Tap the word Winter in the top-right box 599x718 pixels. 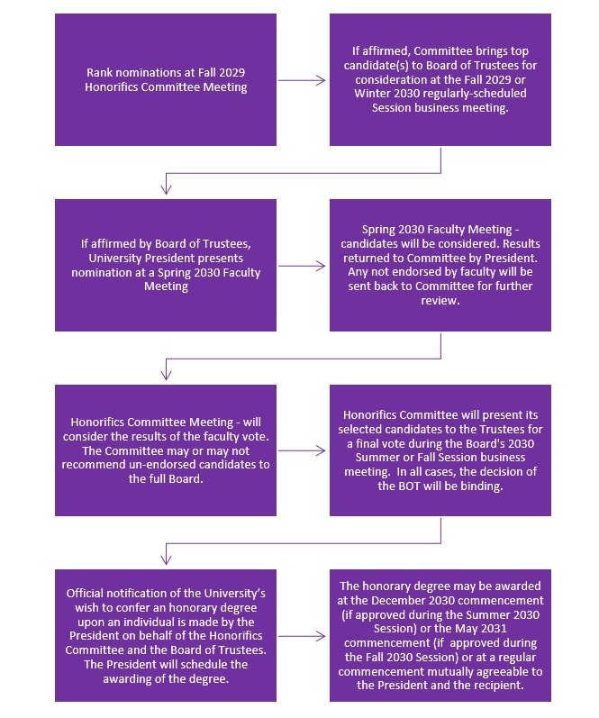[371, 94]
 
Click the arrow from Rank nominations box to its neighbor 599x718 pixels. [302, 80]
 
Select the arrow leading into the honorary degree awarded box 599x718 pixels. [302, 637]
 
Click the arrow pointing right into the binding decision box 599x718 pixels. [302, 451]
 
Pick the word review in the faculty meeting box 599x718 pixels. [440, 301]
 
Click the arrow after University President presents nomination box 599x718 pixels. [302, 266]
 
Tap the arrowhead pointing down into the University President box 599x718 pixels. [167, 189]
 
